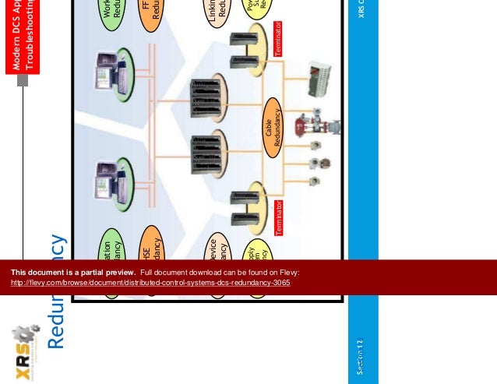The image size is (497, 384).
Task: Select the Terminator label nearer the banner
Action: pos(278,218)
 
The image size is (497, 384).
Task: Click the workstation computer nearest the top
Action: pos(108,71)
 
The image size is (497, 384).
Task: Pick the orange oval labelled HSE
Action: pos(151,246)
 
